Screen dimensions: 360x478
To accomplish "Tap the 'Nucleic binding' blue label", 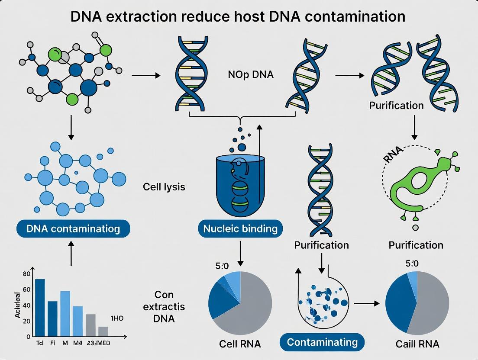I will click(240, 228).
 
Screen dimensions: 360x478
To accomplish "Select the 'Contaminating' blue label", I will click(322, 342).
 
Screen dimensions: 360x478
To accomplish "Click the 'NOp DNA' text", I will click(251, 74).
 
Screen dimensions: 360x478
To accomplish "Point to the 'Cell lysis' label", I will click(164, 187).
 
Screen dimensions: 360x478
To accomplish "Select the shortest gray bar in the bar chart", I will click(103, 331).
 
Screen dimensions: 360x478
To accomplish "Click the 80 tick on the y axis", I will click(26, 273).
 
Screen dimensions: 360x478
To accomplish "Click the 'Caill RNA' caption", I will click(417, 344).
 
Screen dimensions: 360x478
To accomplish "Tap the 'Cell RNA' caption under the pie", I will click(240, 344).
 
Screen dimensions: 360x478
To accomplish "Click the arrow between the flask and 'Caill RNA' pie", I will click(366, 304).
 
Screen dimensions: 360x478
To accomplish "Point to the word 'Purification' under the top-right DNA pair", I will click(396, 106).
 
